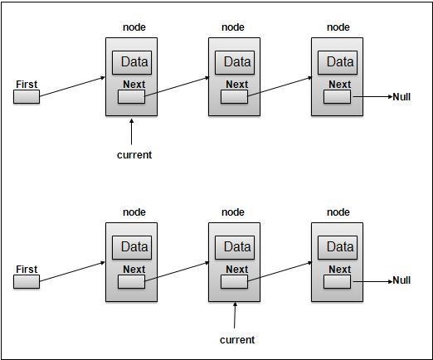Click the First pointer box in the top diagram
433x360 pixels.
pyautogui.click(x=27, y=97)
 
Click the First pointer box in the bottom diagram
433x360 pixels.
pyautogui.click(x=27, y=281)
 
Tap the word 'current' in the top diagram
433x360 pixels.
pyautogui.click(x=134, y=155)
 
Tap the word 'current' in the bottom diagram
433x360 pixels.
pyautogui.click(x=237, y=340)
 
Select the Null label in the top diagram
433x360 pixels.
pyautogui.click(x=401, y=97)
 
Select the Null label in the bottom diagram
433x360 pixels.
pyautogui.click(x=401, y=280)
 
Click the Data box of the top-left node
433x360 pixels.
pyautogui.click(x=132, y=62)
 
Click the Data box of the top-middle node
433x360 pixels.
pyautogui.click(x=235, y=62)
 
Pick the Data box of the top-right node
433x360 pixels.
pyautogui.click(x=338, y=62)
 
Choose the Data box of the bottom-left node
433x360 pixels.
pyautogui.click(x=132, y=247)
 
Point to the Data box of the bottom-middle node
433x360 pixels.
pyautogui.click(x=235, y=247)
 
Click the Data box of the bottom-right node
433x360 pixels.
pyautogui.click(x=338, y=247)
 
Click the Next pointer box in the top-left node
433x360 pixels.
pyautogui.click(x=131, y=97)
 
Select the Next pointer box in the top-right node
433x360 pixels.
pyautogui.click(x=337, y=97)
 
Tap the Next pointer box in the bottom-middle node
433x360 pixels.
pyautogui.click(x=234, y=282)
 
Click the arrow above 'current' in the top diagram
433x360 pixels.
pyautogui.click(x=132, y=132)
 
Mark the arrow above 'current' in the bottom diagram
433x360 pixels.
pyautogui.click(x=235, y=315)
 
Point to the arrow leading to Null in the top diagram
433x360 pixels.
pyautogui.click(x=373, y=97)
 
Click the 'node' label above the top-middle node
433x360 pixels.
pyautogui.click(x=233, y=27)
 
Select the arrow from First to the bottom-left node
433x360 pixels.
pyautogui.click(x=72, y=271)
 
